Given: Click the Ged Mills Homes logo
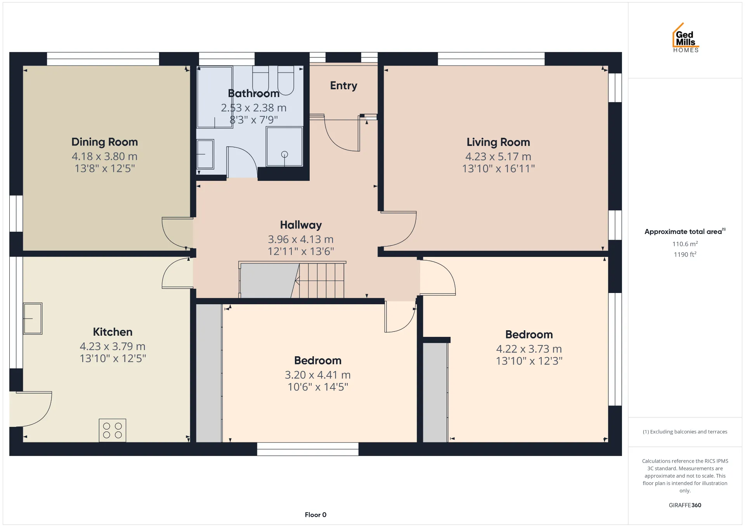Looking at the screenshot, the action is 686,38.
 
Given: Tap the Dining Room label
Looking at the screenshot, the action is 105,142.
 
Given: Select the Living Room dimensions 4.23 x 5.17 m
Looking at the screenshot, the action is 498,156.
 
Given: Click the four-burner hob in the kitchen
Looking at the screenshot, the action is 113,430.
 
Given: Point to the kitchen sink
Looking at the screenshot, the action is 33,319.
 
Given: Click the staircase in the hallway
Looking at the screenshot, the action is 292,280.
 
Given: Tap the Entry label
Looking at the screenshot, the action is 344,86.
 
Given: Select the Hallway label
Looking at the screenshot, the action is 301,225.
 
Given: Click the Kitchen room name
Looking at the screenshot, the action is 113,332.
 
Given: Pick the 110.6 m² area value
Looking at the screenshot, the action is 685,244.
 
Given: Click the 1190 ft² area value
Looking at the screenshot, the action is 685,254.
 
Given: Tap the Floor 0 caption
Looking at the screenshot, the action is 315,515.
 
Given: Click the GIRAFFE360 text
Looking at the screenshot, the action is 685,505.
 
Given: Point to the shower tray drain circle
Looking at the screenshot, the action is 284,154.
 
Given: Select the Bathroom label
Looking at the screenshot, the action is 254,94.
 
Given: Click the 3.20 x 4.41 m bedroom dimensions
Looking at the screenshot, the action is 318,375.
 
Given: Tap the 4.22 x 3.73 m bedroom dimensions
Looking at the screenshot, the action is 529,349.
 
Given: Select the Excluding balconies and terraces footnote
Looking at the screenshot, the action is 685,432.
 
